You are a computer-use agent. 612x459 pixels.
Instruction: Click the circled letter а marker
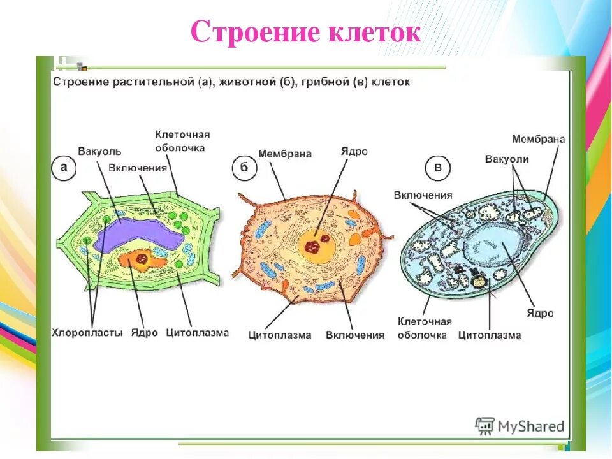tap(64, 168)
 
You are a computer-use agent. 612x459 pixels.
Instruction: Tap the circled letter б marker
tap(244, 169)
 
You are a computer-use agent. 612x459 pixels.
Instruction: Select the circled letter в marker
tap(437, 168)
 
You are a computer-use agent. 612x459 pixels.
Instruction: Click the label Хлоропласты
tap(87, 333)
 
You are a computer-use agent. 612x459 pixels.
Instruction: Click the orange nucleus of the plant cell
tap(139, 259)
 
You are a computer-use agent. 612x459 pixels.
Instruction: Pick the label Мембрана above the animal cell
tap(284, 154)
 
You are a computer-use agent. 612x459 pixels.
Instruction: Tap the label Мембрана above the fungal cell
tap(539, 139)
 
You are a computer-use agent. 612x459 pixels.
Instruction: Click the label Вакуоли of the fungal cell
tap(507, 159)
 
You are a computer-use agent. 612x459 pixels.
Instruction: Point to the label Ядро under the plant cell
tap(144, 333)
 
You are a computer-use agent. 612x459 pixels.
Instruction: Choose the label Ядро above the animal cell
tap(354, 152)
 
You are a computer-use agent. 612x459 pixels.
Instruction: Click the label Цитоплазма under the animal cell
tap(280, 335)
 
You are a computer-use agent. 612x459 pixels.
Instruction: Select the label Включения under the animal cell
tap(355, 335)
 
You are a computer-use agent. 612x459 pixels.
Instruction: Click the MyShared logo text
tap(530, 426)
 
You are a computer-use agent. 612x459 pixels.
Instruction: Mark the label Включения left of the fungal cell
tap(423, 195)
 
